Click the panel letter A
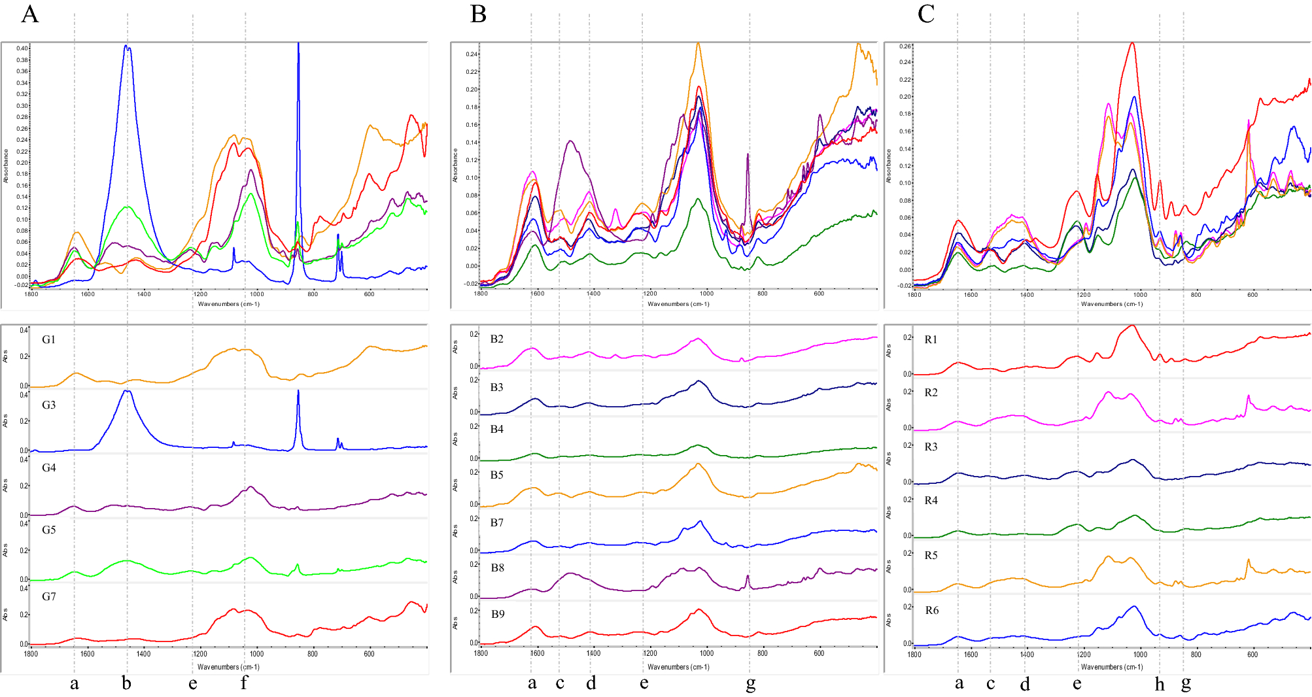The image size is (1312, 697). click(30, 14)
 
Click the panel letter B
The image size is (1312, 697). click(478, 14)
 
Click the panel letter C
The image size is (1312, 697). click(926, 14)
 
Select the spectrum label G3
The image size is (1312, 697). click(49, 405)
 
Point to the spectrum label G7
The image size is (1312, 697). click(49, 596)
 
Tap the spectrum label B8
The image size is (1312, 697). click(498, 568)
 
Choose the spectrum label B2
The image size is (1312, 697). click(497, 339)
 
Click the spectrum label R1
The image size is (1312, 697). click(931, 339)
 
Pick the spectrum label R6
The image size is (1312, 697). click(931, 610)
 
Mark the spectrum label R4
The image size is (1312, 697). click(931, 500)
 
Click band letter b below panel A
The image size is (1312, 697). click(126, 683)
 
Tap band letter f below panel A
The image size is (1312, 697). click(244, 683)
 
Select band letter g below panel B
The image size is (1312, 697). click(751, 684)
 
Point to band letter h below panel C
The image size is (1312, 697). click(1160, 684)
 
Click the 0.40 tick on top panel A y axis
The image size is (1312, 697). click(22, 48)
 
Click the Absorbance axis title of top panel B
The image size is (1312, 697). click(455, 165)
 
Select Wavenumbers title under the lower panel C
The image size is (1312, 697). click(1112, 667)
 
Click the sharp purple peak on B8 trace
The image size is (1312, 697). click(748, 576)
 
